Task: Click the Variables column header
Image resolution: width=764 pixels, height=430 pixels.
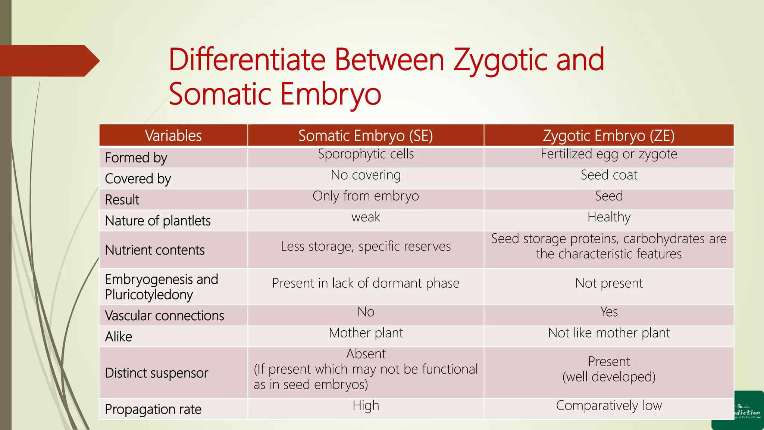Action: point(173,135)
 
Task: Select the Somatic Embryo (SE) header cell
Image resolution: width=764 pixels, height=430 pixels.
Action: point(366,135)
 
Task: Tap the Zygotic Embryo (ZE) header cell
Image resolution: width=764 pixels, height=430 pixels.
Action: point(608,135)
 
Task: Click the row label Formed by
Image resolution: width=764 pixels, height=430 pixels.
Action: point(136,158)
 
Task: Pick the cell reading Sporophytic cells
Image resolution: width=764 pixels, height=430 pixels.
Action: point(366,154)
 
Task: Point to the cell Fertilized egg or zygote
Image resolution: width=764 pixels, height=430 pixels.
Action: point(608,154)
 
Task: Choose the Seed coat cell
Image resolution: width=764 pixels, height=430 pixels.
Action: point(608,175)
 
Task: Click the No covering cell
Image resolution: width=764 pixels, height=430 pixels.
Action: point(366,175)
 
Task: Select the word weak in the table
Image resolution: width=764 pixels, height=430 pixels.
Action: point(366,217)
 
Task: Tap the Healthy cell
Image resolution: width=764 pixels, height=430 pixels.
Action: point(608,217)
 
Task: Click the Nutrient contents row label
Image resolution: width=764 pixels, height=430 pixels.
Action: point(155,250)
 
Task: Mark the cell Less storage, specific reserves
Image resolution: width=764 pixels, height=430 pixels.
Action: point(366,246)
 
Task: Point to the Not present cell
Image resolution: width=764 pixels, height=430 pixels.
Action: point(608,283)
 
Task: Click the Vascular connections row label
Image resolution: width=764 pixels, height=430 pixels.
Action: point(165,316)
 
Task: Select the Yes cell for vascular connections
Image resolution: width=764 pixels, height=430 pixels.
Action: point(608,312)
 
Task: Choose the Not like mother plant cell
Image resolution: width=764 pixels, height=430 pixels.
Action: point(608,333)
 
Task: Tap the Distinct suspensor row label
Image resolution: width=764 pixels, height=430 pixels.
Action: point(156,373)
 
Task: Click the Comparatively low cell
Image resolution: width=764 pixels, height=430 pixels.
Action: point(608,406)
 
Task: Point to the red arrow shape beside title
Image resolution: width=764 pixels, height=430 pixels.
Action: point(48,61)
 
